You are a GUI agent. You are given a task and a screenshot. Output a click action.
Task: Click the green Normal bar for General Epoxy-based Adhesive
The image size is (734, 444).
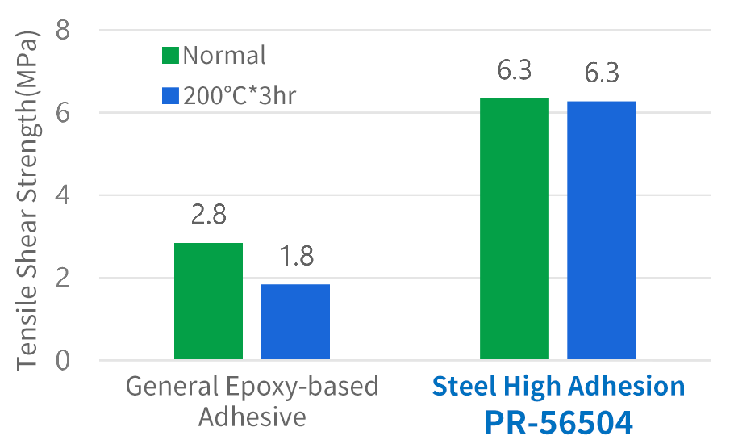tap(208, 300)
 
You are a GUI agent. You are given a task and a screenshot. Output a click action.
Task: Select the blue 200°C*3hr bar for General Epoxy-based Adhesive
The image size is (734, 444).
tap(295, 321)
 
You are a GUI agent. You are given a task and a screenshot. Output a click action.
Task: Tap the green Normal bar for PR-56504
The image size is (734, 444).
tap(514, 228)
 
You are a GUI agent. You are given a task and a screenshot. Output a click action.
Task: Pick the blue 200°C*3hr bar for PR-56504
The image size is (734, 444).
tap(601, 230)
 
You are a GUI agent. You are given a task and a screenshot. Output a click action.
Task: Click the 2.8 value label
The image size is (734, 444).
tap(208, 216)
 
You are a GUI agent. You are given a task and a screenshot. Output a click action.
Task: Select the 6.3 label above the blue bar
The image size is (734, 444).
tap(601, 73)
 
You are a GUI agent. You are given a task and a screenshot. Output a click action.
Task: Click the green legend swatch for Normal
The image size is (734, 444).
tap(170, 56)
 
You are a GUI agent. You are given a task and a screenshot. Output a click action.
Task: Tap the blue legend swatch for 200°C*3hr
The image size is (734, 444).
tap(170, 96)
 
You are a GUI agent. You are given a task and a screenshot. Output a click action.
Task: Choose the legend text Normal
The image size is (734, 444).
tap(224, 56)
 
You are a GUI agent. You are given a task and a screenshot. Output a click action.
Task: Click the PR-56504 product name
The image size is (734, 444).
tap(558, 421)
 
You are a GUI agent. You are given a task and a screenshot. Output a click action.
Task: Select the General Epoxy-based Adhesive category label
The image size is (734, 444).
tap(252, 401)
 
